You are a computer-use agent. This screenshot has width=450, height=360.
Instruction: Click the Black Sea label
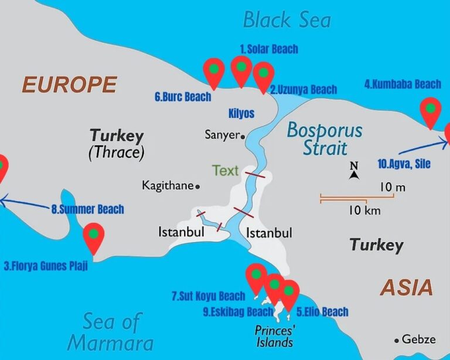[287, 21]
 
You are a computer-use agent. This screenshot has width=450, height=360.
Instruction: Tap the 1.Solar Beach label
[269, 49]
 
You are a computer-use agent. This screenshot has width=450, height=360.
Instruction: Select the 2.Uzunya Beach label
[304, 90]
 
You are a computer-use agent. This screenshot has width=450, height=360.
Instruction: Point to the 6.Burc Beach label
[183, 97]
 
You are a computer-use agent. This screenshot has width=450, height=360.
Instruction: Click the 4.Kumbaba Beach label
[403, 84]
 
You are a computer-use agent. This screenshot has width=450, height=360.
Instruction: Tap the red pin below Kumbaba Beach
[431, 111]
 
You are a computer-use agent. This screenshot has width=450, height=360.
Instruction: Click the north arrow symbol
[354, 170]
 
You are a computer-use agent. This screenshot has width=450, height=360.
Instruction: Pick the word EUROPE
[69, 85]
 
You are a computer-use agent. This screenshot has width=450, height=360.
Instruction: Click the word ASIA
[407, 287]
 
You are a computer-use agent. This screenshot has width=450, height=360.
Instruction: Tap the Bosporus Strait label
[325, 139]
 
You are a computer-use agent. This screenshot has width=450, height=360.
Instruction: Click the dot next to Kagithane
[197, 186]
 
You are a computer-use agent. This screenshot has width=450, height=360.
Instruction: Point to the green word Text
[225, 171]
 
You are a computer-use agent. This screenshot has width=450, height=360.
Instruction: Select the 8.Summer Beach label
[88, 209]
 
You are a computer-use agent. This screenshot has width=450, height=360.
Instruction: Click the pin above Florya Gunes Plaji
[93, 236]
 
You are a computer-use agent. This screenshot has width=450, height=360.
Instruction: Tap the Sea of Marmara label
[111, 332]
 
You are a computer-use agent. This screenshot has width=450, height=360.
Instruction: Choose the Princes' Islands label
[274, 335]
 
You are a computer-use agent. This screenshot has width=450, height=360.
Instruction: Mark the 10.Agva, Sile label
[404, 164]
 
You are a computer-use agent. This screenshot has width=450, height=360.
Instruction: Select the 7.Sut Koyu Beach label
[209, 297]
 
